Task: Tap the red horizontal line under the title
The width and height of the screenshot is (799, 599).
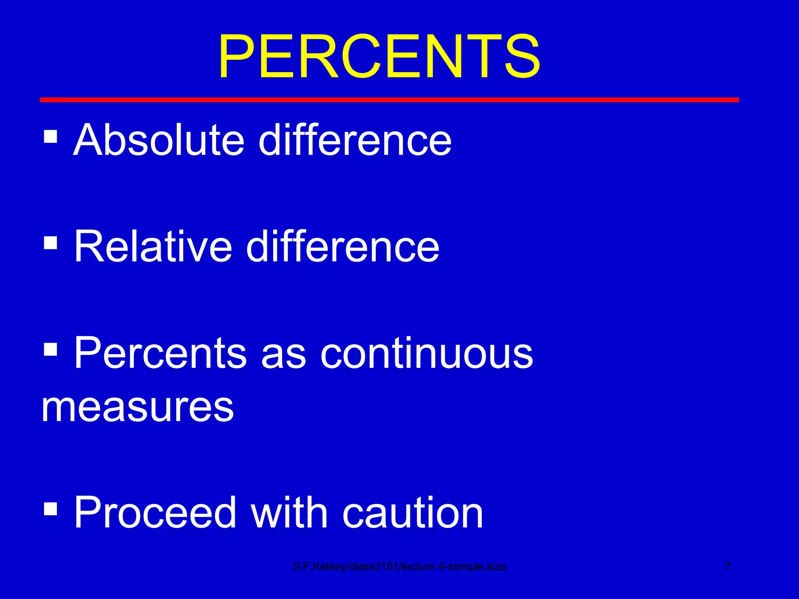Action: point(389,100)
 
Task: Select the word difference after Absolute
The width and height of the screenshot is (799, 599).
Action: point(355,140)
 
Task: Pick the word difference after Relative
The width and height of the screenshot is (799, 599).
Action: point(343,246)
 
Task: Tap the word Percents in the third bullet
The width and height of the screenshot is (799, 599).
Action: point(160,353)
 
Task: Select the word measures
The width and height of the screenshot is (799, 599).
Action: point(138,408)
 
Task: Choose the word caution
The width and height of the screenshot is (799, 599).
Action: point(413,513)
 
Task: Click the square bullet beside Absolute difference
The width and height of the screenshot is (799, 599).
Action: point(51,136)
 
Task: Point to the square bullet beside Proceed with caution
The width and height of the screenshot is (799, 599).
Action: point(51,508)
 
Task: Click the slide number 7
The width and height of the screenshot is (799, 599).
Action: point(728,566)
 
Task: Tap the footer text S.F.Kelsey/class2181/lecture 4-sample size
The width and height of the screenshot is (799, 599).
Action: point(399,567)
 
